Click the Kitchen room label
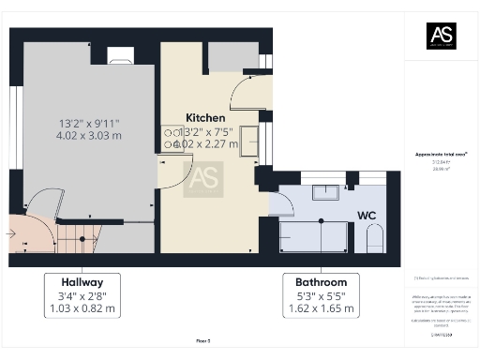click(204, 117)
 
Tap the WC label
click(366, 215)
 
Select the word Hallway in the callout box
click(82, 281)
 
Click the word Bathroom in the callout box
click(321, 281)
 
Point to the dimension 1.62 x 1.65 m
click(321, 308)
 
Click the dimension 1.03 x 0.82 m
click(82, 308)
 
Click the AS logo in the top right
click(442, 36)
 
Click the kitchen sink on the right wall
click(250, 140)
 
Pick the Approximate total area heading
click(441, 154)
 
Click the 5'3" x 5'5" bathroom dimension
click(321, 295)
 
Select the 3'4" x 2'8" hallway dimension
click(82, 295)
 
